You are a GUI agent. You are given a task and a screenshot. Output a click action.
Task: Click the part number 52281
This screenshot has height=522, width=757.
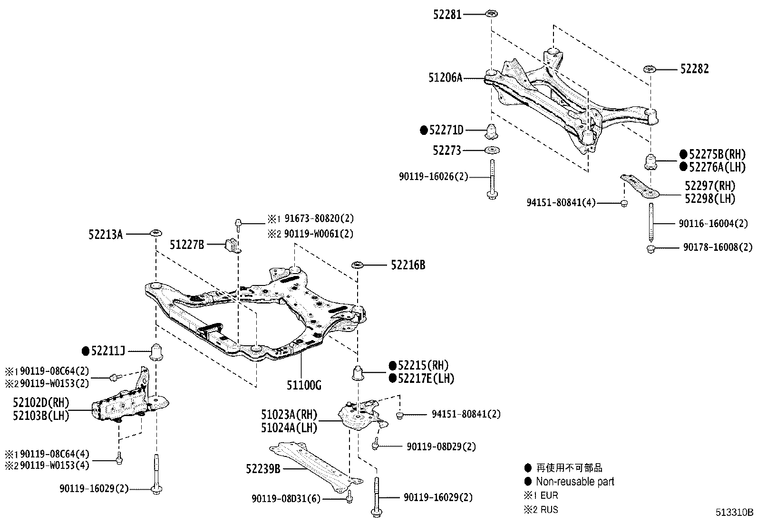446,15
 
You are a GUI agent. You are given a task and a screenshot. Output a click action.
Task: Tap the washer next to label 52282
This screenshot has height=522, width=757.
650,69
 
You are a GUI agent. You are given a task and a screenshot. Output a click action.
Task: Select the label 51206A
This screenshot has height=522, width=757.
445,77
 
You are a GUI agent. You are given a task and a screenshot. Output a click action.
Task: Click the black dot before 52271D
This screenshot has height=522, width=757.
424,130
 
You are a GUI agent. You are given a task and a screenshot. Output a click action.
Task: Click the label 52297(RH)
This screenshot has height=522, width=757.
709,186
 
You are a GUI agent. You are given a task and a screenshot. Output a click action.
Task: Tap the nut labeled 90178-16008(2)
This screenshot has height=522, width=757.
651,248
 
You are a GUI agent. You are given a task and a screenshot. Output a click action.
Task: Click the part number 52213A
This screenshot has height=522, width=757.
105,234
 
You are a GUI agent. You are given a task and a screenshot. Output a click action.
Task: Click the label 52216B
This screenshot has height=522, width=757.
408,265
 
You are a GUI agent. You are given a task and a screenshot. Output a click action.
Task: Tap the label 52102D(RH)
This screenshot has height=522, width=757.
41,403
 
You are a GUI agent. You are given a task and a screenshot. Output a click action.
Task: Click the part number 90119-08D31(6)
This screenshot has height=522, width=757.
286,499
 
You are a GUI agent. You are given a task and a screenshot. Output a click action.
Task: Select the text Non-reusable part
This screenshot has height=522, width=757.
574,482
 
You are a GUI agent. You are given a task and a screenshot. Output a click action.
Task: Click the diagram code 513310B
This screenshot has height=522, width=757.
735,513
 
